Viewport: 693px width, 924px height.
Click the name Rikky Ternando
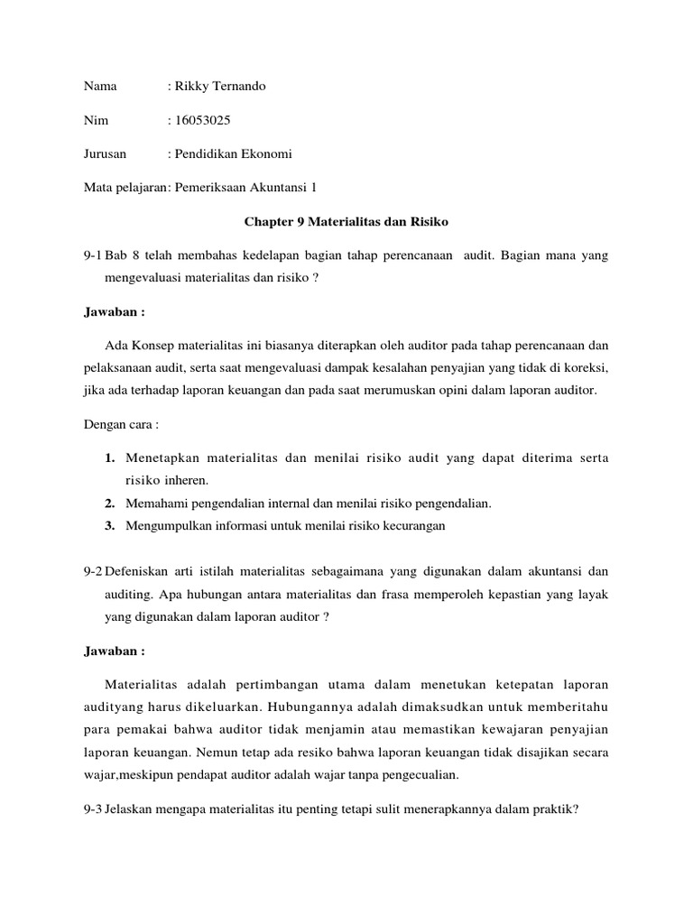(x=220, y=87)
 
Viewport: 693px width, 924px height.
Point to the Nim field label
(x=94, y=120)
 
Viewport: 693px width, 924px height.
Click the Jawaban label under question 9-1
(x=114, y=312)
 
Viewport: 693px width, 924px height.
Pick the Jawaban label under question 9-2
(x=114, y=650)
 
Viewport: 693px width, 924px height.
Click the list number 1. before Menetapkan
(x=109, y=459)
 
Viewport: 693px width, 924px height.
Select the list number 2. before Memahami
(x=109, y=504)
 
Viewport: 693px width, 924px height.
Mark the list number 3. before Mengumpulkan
(x=109, y=526)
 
